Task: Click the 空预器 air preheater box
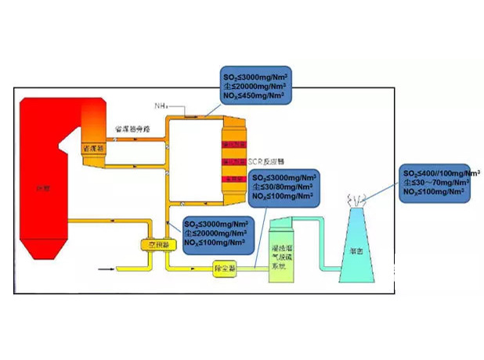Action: pyautogui.click(x=159, y=244)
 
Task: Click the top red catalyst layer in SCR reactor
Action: pyautogui.click(x=235, y=145)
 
